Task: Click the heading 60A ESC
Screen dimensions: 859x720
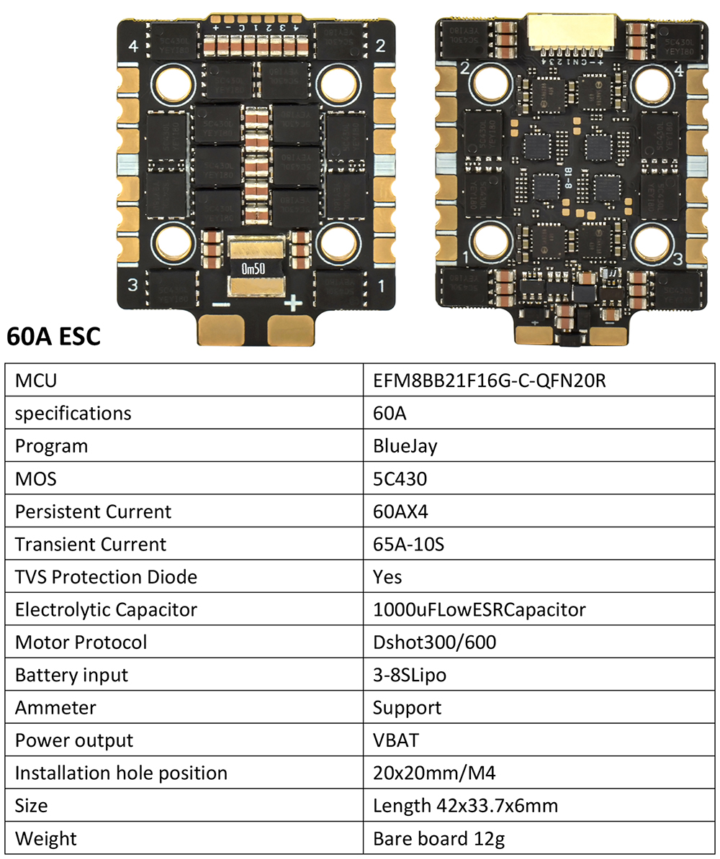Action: (53, 335)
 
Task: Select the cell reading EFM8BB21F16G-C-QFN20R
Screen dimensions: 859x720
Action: (489, 381)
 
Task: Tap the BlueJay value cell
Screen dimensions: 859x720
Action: (405, 446)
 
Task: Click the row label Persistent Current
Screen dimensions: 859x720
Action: (93, 512)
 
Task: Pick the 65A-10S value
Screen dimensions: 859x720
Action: (408, 545)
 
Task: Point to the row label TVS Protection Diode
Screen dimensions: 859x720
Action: (106, 577)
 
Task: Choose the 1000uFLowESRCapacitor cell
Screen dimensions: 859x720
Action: (479, 610)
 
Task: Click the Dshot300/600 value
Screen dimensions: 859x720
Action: (434, 642)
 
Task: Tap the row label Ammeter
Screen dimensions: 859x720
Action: (55, 708)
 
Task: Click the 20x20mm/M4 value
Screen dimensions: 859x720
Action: (434, 773)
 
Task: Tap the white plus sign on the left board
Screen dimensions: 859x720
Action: (292, 303)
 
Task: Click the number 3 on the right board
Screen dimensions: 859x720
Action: (676, 258)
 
